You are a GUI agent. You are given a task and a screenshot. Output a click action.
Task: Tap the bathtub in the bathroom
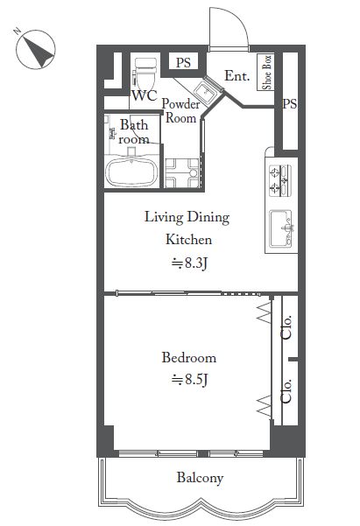point(131,172)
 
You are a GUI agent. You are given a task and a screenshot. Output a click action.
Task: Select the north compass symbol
point(36,49)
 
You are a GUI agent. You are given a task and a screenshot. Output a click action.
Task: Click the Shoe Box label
point(266,73)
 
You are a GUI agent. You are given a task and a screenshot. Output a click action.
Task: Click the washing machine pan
point(182,172)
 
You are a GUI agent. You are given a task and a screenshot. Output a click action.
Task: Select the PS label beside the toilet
point(183,62)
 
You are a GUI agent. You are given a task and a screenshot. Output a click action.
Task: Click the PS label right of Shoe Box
point(289,103)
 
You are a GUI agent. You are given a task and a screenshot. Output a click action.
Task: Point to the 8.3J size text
point(189,263)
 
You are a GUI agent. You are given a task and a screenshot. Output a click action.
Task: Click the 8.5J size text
point(189,380)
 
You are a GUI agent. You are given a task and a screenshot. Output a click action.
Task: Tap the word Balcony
point(201,478)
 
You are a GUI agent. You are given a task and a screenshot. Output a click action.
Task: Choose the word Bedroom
point(189,358)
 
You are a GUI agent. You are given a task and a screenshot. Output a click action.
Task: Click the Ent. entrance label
point(237,76)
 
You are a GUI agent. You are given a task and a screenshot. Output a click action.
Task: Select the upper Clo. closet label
point(286,327)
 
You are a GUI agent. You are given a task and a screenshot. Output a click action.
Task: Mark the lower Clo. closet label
point(286,391)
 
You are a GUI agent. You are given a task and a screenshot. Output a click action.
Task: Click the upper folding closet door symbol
point(265,312)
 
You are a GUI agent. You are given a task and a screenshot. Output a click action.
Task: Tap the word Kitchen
point(188,240)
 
